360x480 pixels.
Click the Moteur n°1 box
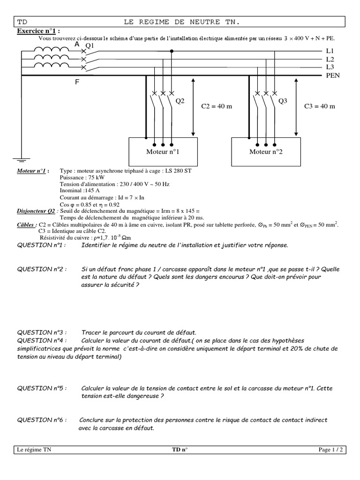[162, 151]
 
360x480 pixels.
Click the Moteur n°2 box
[265, 151]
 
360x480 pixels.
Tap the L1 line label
[330, 51]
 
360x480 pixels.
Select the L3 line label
[330, 67]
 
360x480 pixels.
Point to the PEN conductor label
[332, 75]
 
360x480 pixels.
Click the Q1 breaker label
[89, 45]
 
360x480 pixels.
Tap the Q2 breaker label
[180, 101]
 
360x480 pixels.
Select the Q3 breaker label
[283, 101]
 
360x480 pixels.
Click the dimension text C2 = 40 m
[217, 106]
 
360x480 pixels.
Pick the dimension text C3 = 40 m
[320, 106]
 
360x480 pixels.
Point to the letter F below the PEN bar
[77, 82]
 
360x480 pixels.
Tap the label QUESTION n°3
[42, 332]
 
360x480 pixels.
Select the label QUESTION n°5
[42, 388]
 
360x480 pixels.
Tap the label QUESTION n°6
[42, 420]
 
